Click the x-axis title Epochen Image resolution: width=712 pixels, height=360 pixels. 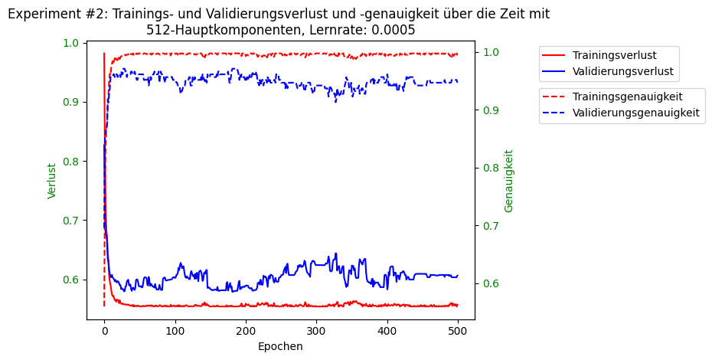pos(280,347)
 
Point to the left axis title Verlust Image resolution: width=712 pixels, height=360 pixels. pos(52,181)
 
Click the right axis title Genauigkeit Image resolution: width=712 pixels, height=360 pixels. pos(509,181)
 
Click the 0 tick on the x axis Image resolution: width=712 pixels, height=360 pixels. pos(104,331)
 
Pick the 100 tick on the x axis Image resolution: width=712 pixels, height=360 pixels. pos(175,331)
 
